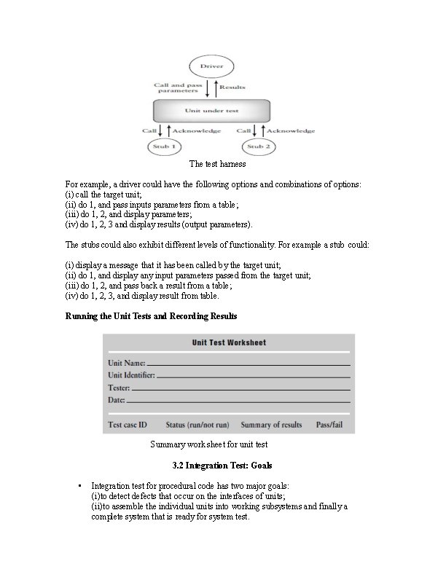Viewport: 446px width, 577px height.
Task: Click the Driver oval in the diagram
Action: pyautogui.click(x=212, y=66)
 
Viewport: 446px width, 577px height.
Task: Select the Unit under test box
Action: pyautogui.click(x=212, y=111)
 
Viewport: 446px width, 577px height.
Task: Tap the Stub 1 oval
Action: pyautogui.click(x=161, y=146)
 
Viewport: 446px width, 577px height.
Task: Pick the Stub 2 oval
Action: pyautogui.click(x=255, y=146)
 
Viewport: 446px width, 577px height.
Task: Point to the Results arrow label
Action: pyautogui.click(x=232, y=87)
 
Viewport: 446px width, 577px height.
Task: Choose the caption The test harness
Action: pyautogui.click(x=218, y=164)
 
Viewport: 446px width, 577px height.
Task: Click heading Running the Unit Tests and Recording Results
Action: pyautogui.click(x=151, y=316)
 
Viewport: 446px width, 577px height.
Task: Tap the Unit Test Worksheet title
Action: pyautogui.click(x=229, y=342)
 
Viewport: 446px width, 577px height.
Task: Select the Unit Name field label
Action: pyautogui.click(x=127, y=363)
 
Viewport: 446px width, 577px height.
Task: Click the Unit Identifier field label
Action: pyautogui.click(x=131, y=375)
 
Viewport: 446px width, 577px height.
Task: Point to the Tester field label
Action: pyautogui.click(x=119, y=388)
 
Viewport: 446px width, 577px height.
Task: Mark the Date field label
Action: pyautogui.click(x=117, y=400)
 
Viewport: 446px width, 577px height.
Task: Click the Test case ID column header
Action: pyautogui.click(x=128, y=424)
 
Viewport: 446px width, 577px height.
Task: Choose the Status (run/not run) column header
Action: pyautogui.click(x=197, y=424)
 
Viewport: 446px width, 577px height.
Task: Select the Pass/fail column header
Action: pyautogui.click(x=329, y=424)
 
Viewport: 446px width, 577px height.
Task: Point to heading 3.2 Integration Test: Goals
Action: pyautogui.click(x=222, y=465)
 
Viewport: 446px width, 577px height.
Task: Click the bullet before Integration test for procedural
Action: pyautogui.click(x=79, y=485)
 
